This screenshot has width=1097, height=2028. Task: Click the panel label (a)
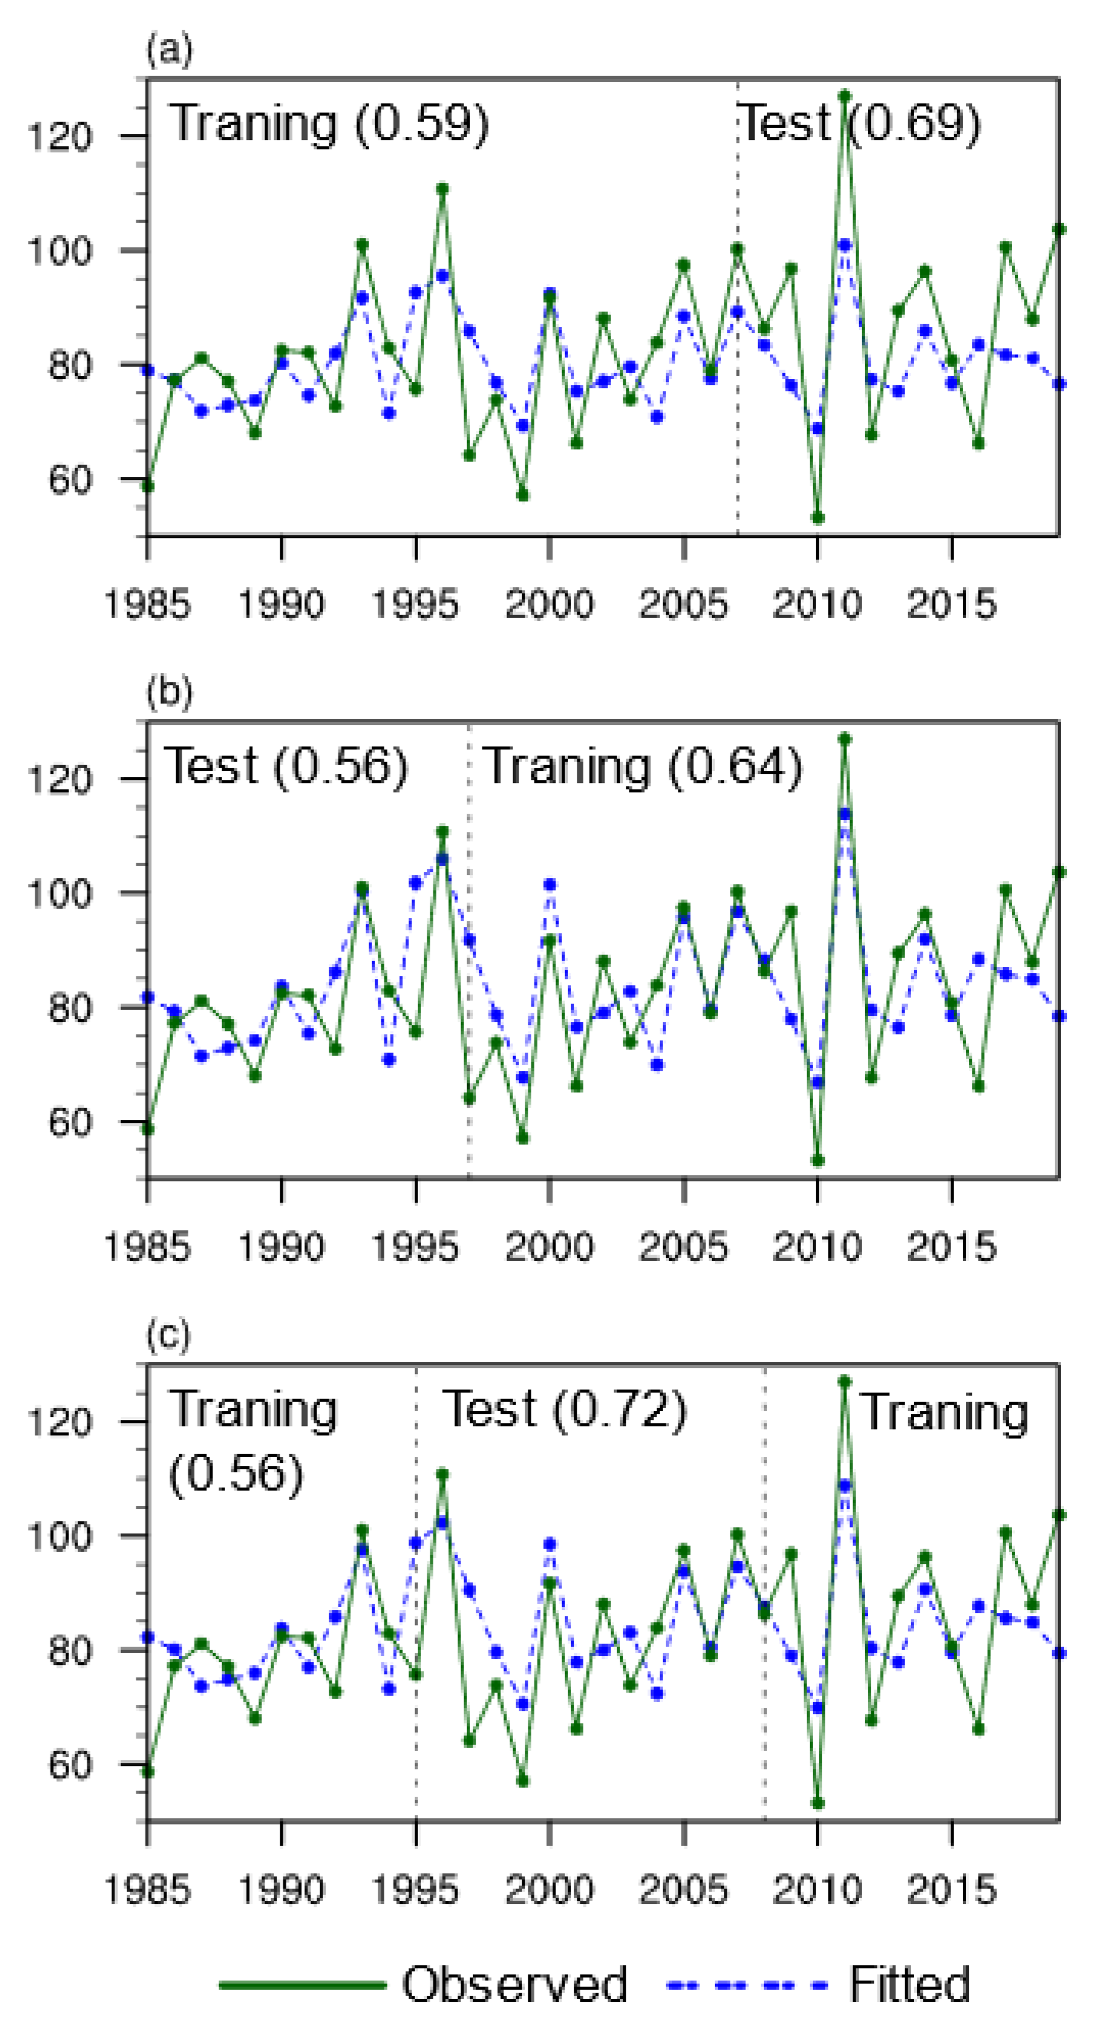(168, 51)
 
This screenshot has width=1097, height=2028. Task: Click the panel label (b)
(168, 692)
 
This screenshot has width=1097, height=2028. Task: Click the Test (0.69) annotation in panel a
(860, 123)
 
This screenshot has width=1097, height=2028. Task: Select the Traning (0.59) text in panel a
(329, 123)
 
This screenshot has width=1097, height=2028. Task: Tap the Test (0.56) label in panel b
(285, 766)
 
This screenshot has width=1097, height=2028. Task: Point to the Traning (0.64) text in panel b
(642, 766)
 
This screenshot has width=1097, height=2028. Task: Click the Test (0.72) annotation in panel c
(564, 1409)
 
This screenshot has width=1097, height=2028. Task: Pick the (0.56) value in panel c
(235, 1474)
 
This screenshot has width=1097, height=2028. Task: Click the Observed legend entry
(514, 1983)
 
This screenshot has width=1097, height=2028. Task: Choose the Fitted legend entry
(909, 1983)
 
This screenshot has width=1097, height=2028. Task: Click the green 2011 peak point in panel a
(844, 96)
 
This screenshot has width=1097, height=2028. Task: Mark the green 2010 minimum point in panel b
(818, 1161)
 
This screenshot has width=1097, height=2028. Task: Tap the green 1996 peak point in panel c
(442, 1474)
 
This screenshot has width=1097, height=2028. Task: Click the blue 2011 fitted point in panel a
(844, 246)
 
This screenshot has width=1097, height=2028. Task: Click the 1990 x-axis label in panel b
(281, 1247)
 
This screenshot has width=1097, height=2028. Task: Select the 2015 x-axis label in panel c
(952, 1890)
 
